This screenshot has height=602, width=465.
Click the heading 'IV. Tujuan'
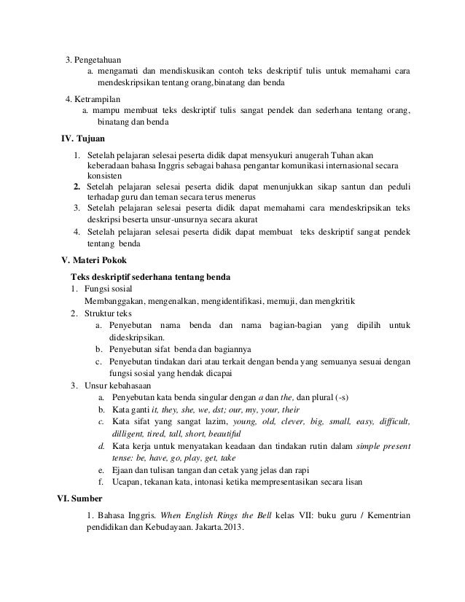pyautogui.click(x=82, y=138)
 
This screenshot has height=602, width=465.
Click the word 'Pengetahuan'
pyautogui.click(x=98, y=59)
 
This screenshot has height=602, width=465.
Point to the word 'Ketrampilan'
pyautogui.click(x=98, y=98)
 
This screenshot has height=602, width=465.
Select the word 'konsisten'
pyautogui.click(x=105, y=176)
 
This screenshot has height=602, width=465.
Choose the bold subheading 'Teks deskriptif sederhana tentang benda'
pyautogui.click(x=150, y=277)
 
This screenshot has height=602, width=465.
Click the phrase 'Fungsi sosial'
pyautogui.click(x=110, y=289)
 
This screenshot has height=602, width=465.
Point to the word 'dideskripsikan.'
pyautogui.click(x=136, y=337)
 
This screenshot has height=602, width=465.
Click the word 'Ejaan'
pyautogui.click(x=122, y=469)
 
